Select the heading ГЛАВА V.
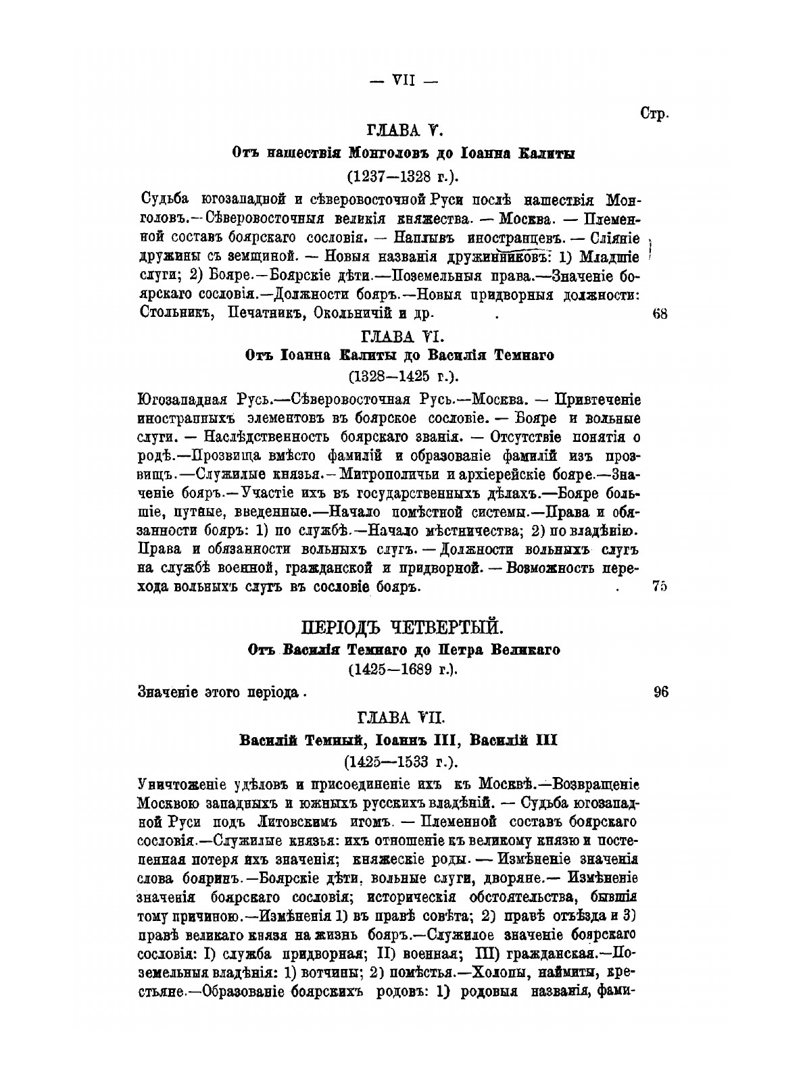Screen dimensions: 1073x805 (x=404, y=131)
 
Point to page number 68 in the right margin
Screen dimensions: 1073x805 (x=660, y=314)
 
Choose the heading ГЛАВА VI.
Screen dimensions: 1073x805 (x=403, y=336)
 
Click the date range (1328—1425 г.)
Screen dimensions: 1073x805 (x=403, y=376)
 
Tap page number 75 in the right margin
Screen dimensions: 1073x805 (x=660, y=587)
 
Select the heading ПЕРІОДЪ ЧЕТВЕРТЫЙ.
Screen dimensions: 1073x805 (x=402, y=628)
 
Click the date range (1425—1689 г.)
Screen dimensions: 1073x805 (x=403, y=670)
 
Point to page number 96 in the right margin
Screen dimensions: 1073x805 (x=661, y=691)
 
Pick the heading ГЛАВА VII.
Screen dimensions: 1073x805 (x=403, y=716)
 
